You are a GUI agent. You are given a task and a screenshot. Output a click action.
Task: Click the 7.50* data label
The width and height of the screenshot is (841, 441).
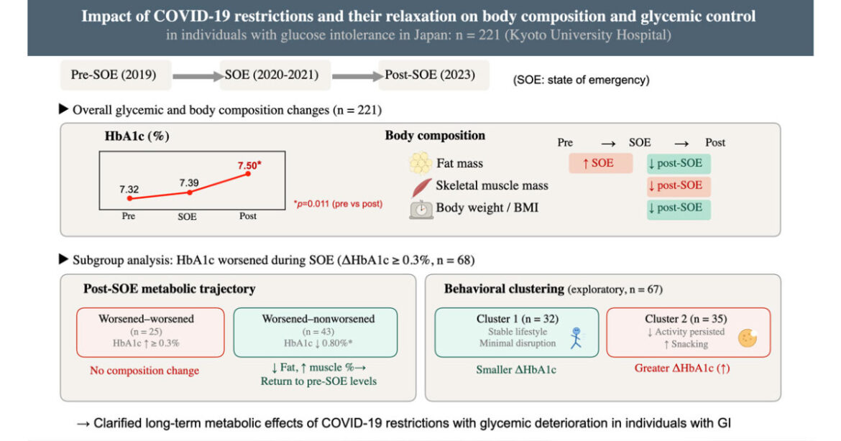tap(249, 165)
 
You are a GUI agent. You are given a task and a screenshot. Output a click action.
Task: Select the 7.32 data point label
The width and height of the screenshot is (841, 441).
tap(129, 189)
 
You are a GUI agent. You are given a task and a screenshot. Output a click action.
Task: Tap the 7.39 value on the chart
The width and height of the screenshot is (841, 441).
tap(189, 182)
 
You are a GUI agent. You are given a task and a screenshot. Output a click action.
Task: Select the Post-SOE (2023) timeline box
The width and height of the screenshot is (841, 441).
tap(432, 75)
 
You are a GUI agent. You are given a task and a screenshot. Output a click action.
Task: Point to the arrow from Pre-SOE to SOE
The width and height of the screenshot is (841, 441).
tap(198, 77)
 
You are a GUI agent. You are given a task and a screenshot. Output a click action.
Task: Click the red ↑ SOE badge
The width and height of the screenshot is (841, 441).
tap(600, 163)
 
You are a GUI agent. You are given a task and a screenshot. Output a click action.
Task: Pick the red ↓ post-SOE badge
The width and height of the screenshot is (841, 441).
tap(679, 185)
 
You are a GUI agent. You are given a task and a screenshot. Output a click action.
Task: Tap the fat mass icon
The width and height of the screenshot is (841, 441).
tap(420, 163)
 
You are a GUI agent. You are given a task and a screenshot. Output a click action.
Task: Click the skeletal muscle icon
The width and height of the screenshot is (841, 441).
tap(421, 187)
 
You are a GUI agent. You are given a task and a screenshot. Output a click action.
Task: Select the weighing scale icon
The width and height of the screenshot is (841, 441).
tap(421, 209)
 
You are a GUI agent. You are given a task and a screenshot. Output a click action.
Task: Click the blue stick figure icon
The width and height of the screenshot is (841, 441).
tap(576, 338)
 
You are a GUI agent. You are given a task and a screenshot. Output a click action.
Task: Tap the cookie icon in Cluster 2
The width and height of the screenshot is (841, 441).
tap(747, 338)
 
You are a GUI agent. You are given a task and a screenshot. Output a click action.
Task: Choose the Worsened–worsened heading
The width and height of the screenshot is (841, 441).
tap(146, 318)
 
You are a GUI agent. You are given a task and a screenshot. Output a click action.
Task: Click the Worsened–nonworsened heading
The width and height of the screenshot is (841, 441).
tap(318, 318)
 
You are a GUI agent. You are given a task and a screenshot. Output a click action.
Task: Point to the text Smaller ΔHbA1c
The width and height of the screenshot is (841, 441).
tap(516, 370)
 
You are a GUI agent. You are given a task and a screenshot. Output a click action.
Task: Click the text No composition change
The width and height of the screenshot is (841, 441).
tap(144, 371)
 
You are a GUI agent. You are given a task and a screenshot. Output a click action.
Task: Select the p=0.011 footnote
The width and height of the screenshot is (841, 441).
tap(338, 203)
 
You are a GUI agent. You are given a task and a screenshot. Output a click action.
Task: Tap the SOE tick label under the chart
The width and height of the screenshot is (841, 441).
tap(187, 216)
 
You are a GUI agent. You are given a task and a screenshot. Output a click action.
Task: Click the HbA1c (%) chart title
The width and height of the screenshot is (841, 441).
tap(137, 136)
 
